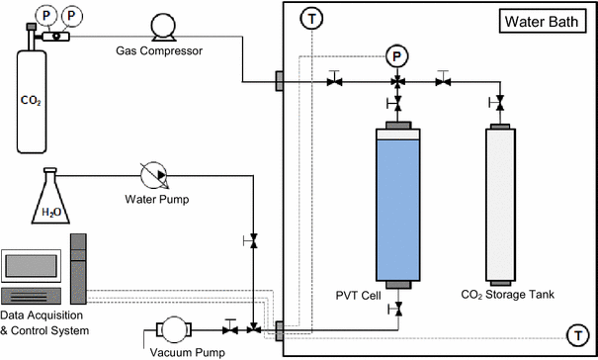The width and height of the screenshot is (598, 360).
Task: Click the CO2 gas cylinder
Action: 37,99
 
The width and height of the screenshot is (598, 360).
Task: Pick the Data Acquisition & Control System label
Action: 45,322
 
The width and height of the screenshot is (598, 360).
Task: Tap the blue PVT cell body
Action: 398,208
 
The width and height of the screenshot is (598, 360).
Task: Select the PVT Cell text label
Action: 358,293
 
